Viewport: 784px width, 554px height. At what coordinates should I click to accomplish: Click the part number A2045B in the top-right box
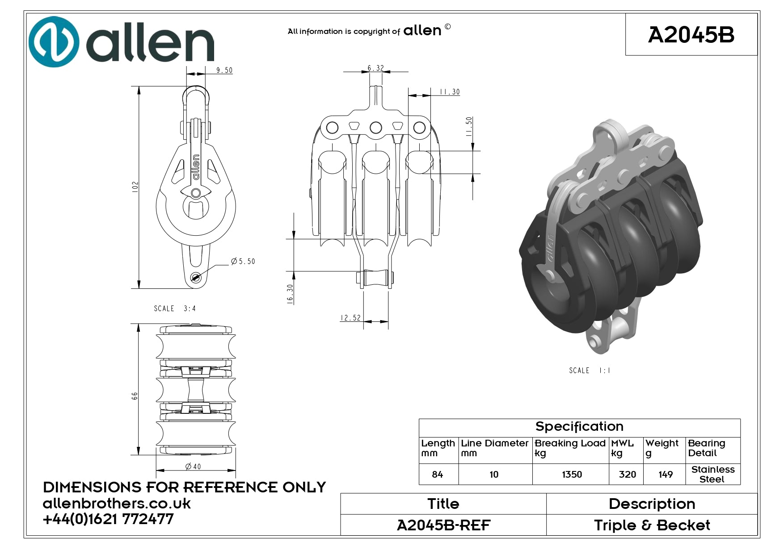[691, 35]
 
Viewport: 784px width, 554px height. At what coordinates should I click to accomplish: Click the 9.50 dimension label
[224, 71]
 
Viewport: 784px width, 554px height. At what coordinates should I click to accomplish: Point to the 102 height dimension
[135, 187]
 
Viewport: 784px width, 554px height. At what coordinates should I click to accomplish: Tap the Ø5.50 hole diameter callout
[243, 261]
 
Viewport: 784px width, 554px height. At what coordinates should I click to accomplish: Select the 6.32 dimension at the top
[376, 68]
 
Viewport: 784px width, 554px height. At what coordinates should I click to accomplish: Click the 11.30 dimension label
[450, 92]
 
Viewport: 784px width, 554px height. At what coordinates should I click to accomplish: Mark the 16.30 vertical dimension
[291, 295]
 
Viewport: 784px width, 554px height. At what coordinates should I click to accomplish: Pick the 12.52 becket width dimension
[350, 318]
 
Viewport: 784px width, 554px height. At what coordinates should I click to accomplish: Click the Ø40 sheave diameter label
[193, 467]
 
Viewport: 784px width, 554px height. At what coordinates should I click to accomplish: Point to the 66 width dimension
[135, 396]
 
